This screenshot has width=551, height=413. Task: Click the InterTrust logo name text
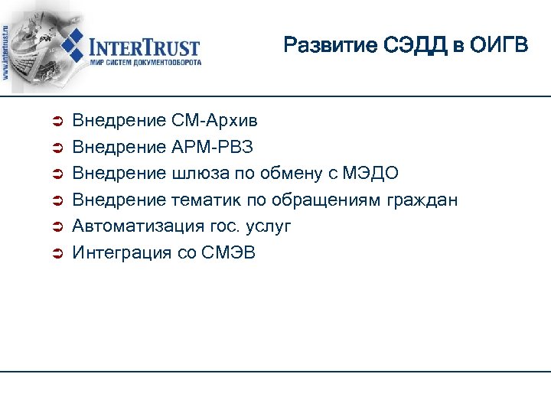coord(145,47)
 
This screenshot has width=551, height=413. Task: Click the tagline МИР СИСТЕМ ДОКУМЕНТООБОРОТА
coord(145,63)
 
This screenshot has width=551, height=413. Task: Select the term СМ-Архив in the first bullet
coord(214,121)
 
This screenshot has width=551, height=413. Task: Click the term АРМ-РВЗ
coord(211,147)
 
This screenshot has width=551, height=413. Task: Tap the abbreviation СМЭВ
coord(228,253)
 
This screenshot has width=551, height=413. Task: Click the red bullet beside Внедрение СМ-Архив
coord(55,122)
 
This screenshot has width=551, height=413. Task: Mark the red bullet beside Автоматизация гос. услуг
coord(55,227)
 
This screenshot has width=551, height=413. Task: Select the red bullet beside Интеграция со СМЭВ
coord(55,254)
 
